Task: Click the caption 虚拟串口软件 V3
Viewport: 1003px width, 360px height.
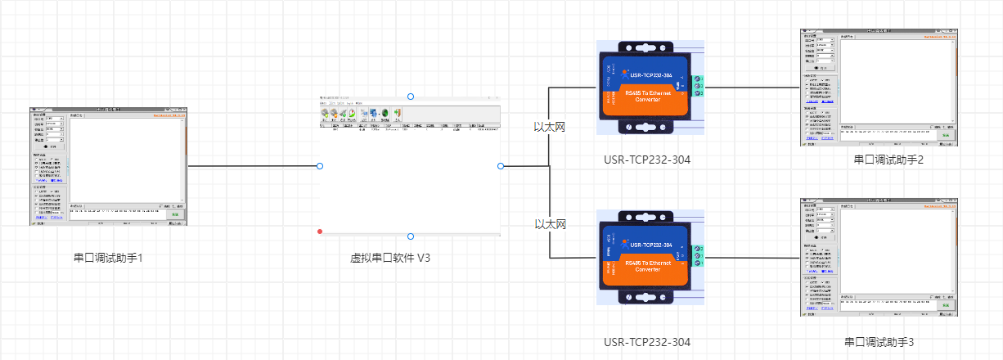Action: pyautogui.click(x=390, y=258)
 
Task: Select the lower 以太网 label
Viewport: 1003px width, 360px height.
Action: pyautogui.click(x=551, y=223)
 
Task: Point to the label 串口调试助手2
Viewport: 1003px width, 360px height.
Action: pyautogui.click(x=888, y=160)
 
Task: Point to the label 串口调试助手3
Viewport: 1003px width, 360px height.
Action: pyautogui.click(x=888, y=341)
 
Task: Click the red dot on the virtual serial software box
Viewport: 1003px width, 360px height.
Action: pyautogui.click(x=320, y=232)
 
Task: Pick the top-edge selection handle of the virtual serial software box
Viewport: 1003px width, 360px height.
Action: pyautogui.click(x=411, y=96)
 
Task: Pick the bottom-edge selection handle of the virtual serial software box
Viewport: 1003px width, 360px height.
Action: pyautogui.click(x=411, y=236)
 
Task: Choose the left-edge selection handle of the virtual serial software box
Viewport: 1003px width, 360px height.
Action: pyautogui.click(x=320, y=166)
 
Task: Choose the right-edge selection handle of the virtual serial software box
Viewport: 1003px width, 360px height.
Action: pyautogui.click(x=501, y=166)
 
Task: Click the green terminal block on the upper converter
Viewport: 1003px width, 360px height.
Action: pyautogui.click(x=697, y=85)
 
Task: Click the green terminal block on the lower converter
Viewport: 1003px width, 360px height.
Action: pyautogui.click(x=697, y=254)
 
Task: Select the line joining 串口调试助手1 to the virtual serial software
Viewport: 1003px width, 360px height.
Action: pyautogui.click(x=254, y=166)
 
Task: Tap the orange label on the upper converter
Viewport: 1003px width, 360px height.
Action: pyautogui.click(x=650, y=97)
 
